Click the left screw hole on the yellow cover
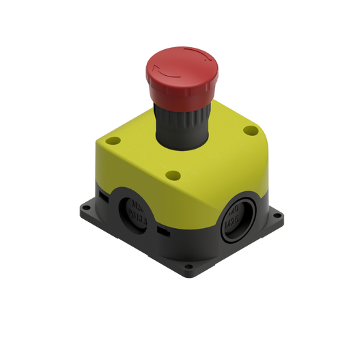113,141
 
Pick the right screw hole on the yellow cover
251,130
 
